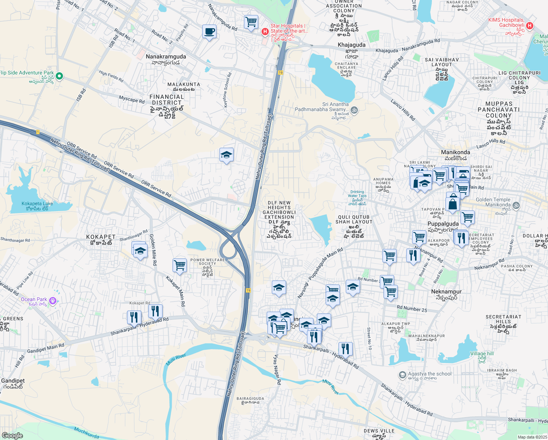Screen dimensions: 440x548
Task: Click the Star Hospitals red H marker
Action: click(x=265, y=32)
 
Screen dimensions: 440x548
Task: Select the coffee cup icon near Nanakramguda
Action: click(x=209, y=32)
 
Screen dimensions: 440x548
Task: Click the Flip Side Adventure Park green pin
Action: click(x=59, y=76)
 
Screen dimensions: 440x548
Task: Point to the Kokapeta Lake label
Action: click(x=37, y=203)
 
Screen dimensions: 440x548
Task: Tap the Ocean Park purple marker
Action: click(x=53, y=301)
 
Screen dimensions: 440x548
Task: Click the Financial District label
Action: click(x=167, y=100)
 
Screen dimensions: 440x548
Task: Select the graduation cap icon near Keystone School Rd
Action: click(x=226, y=155)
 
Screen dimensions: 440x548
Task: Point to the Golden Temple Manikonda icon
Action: click(x=516, y=205)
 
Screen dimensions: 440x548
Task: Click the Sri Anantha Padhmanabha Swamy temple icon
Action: click(x=354, y=110)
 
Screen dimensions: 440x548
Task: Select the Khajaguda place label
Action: click(x=351, y=45)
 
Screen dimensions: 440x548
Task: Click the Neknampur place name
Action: click(x=446, y=291)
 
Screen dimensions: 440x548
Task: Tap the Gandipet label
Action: click(x=13, y=381)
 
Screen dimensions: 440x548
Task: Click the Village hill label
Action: click(x=482, y=353)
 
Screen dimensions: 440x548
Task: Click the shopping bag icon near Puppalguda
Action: click(x=453, y=204)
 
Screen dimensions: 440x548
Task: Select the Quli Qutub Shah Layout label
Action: click(x=354, y=219)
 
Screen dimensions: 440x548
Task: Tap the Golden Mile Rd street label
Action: click(x=153, y=250)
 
